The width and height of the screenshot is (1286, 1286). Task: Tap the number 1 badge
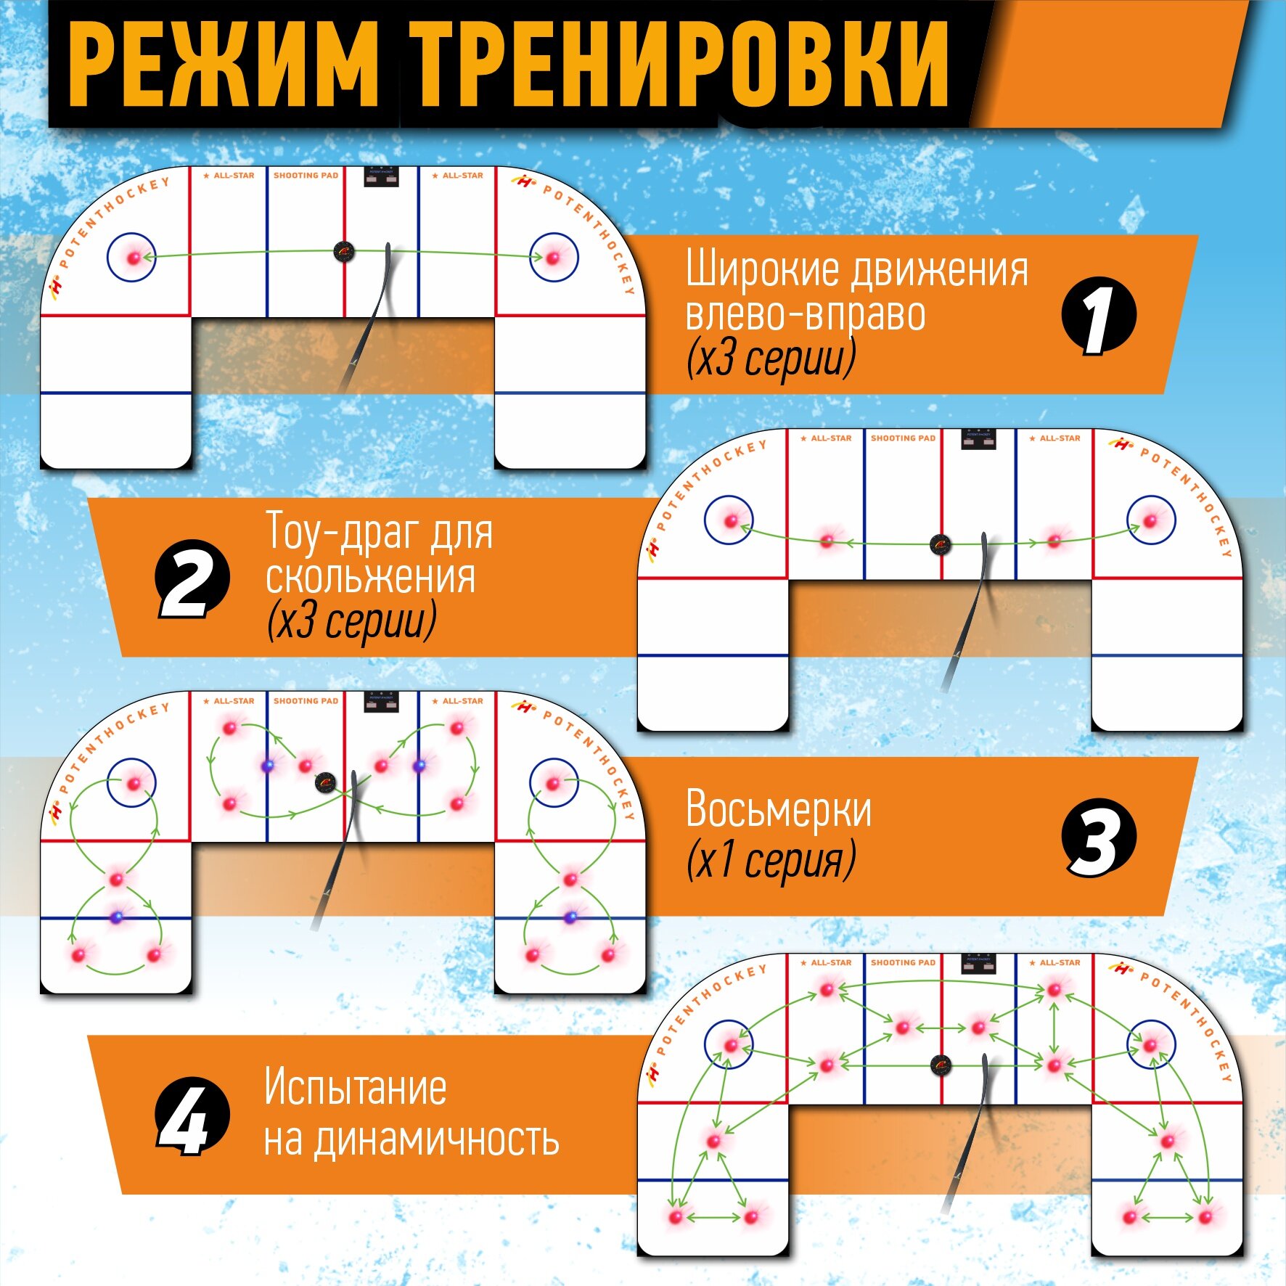click(1098, 316)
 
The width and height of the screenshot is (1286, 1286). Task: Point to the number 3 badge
click(1098, 838)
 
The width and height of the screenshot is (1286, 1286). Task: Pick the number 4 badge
click(192, 1115)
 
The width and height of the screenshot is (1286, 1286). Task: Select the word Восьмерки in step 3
click(778, 808)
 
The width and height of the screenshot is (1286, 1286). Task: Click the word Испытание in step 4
click(355, 1087)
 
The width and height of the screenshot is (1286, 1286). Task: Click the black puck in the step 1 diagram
click(345, 252)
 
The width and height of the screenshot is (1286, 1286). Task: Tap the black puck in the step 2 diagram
click(941, 544)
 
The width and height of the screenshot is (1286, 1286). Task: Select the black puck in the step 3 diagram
click(326, 782)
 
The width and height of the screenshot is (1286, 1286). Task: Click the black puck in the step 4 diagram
click(941, 1065)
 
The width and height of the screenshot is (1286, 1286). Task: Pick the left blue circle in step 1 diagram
click(132, 257)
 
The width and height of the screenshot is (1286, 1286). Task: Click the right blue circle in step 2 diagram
click(1151, 520)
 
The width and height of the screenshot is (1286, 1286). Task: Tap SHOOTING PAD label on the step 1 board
click(306, 176)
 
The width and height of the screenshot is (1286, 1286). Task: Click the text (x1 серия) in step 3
click(771, 861)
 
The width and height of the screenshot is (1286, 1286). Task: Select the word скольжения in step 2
click(370, 578)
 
